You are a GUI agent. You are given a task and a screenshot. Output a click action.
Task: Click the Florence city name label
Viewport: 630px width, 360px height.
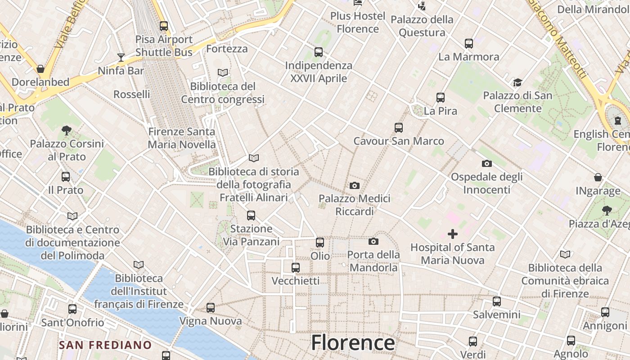[x=353, y=342]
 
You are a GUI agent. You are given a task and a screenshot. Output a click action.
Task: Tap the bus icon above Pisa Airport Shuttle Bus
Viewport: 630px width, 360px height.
[x=164, y=26]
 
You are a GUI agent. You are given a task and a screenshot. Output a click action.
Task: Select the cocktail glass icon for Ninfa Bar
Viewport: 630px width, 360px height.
[x=121, y=57]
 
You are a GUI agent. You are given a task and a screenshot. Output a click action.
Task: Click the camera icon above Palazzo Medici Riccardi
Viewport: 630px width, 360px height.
[x=355, y=185]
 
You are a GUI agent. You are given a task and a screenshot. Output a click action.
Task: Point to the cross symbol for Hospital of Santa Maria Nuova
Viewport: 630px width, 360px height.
[x=453, y=234]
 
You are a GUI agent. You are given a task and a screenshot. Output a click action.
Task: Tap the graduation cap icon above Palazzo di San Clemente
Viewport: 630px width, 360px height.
[x=517, y=82]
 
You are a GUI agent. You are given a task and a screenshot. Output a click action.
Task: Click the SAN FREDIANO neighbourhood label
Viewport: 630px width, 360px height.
[x=106, y=345]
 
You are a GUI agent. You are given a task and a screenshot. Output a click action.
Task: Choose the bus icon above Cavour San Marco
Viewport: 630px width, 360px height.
[x=399, y=128]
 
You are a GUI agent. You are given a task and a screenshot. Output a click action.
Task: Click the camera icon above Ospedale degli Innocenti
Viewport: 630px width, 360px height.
[x=486, y=163]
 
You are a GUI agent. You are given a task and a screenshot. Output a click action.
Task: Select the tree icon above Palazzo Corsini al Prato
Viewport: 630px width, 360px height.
[x=67, y=130]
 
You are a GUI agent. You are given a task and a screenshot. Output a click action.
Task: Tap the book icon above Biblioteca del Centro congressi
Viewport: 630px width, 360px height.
[x=223, y=72]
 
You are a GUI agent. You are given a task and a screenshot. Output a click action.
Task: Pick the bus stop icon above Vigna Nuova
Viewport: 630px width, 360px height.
[x=211, y=308]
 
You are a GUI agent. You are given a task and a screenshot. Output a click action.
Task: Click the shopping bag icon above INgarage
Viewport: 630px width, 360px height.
[x=598, y=177]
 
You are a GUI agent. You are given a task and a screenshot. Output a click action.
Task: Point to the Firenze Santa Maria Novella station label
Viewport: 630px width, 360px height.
[x=182, y=138]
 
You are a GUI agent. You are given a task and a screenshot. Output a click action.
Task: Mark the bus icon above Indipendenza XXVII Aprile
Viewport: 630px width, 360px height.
[x=319, y=52]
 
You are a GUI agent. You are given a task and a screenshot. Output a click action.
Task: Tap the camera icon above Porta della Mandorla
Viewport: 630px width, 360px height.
[x=373, y=242]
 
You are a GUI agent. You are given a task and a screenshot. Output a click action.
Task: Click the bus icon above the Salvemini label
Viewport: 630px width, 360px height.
[x=497, y=301]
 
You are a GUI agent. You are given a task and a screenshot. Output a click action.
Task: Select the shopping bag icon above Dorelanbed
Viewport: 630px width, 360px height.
[x=40, y=69]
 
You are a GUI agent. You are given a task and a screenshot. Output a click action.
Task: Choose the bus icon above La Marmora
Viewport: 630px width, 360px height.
[x=469, y=44]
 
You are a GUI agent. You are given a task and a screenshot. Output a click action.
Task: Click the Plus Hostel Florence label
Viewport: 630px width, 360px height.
[x=358, y=22]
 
